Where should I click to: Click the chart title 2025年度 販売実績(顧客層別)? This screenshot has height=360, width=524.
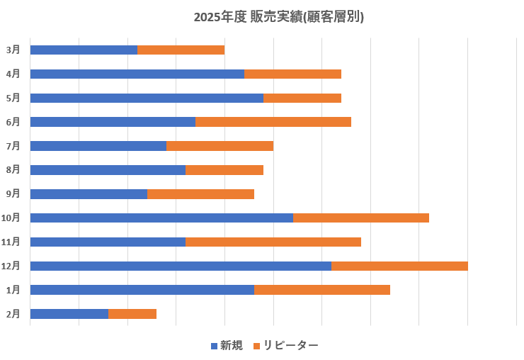278,17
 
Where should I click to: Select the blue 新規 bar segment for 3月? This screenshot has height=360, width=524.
84,50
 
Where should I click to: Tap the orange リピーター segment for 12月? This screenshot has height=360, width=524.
399,266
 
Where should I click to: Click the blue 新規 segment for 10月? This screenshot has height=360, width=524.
161,218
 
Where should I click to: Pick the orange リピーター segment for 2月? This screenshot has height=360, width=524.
132,314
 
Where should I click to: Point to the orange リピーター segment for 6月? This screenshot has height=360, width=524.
273,122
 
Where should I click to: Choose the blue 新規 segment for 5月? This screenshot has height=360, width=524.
147,98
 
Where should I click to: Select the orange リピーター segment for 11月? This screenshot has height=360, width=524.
273,242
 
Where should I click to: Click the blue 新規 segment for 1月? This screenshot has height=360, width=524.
142,290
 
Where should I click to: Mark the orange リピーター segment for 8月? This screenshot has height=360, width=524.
224,170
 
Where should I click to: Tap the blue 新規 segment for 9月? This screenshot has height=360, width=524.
89,194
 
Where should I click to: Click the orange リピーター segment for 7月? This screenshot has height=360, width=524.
220,146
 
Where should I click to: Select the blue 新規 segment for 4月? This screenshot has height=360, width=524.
137,74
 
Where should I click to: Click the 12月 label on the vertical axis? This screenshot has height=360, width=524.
11,266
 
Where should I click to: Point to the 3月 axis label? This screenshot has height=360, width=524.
13,50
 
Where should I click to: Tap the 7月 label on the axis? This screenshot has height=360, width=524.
13,146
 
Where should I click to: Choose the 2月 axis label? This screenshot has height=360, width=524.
13,314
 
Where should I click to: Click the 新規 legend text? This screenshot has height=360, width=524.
232,346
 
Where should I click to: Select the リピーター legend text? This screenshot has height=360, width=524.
291,346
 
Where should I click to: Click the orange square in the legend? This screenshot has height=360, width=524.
257,346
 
